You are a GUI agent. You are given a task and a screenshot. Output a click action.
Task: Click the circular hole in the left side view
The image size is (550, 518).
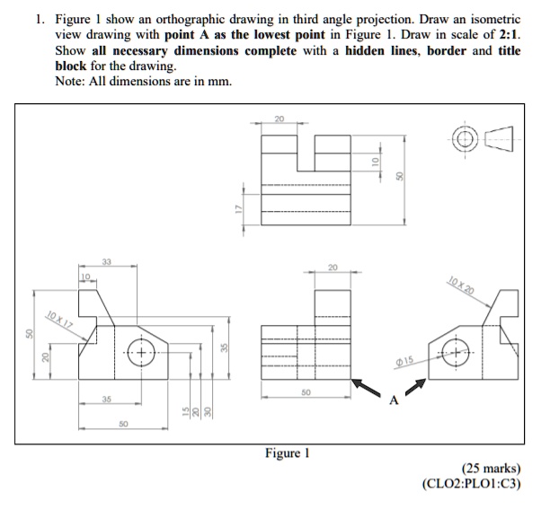[141, 350]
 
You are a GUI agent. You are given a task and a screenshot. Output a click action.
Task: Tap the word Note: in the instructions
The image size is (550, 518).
[71, 83]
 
